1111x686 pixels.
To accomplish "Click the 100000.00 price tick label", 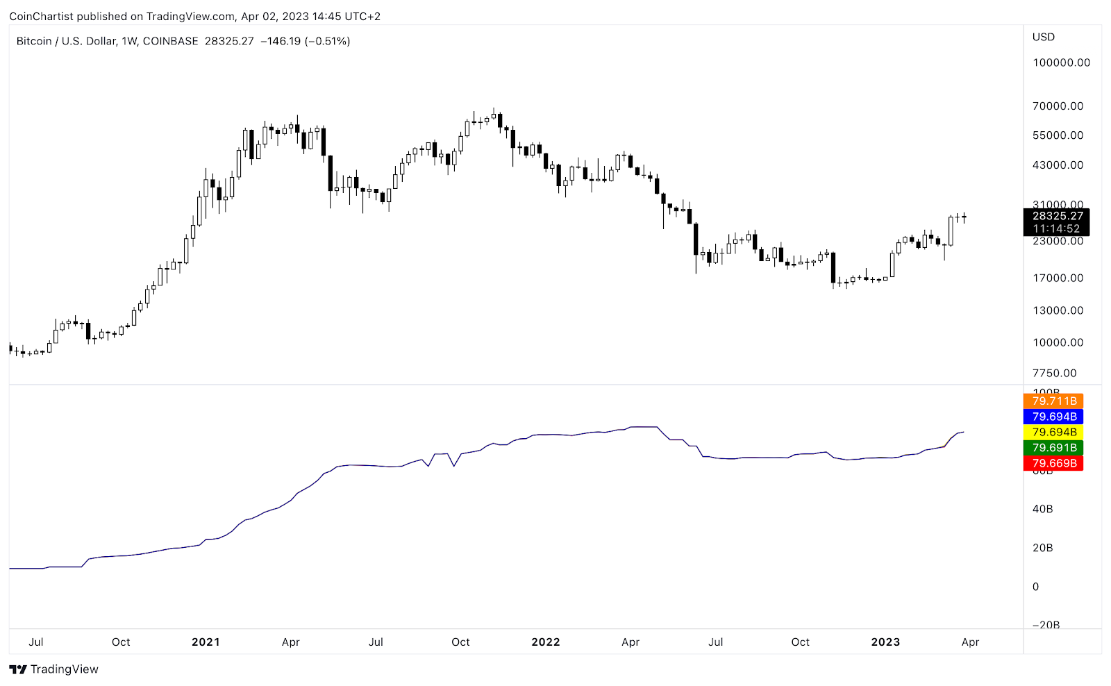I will [1061, 62].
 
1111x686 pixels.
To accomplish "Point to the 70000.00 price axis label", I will [1058, 106].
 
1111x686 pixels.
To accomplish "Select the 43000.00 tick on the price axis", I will [1058, 165].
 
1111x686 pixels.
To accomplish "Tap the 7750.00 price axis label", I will [1054, 374].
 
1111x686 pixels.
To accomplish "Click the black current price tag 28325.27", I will [1057, 217].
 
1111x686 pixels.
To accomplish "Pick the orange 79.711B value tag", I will [1053, 401].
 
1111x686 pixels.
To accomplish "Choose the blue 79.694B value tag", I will [1053, 417].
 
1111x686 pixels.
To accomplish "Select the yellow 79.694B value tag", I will [1053, 432].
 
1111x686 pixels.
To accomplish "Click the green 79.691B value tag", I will [1053, 448].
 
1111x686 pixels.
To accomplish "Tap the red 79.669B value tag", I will [1053, 463].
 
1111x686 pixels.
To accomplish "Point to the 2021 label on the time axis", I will [206, 642].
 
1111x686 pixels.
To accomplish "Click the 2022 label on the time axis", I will [545, 642].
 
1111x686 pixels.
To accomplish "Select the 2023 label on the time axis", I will [885, 642].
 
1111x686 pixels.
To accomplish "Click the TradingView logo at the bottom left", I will [54, 669].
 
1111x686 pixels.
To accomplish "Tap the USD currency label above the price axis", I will [1043, 37].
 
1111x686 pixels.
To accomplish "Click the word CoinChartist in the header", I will [41, 16].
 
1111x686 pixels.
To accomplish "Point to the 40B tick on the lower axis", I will [1042, 509].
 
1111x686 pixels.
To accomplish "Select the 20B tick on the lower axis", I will [1042, 548].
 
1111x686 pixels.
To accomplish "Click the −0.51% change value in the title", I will [327, 41].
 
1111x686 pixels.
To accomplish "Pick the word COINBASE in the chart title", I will [170, 41].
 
